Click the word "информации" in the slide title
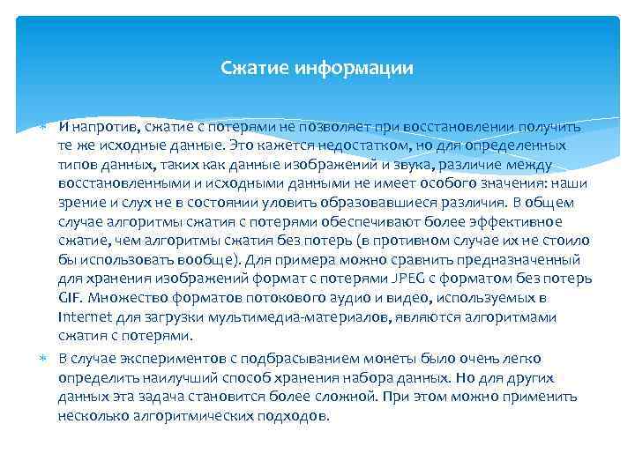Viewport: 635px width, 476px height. pos(362,67)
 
